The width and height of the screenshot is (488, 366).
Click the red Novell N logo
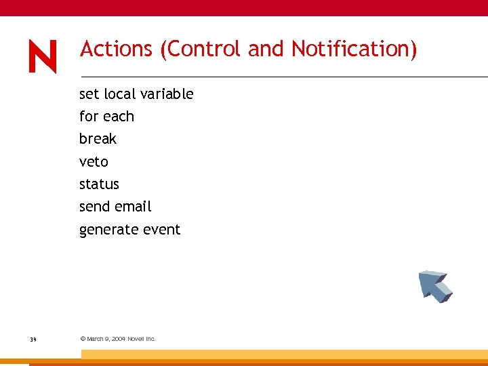[x=43, y=56]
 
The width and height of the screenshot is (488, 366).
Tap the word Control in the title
[x=203, y=49]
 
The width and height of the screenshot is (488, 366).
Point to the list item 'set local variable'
[x=136, y=94]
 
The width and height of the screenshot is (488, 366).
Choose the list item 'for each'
[x=106, y=117]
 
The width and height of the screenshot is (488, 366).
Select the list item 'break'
[x=98, y=139]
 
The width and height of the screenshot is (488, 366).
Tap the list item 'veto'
[x=94, y=162]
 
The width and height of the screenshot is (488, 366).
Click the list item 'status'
[x=99, y=184]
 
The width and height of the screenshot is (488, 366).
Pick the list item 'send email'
[x=115, y=207]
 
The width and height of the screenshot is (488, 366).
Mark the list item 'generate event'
[x=129, y=230]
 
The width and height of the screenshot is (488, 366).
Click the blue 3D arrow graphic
[x=434, y=285]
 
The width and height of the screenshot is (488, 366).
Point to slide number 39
[x=33, y=339]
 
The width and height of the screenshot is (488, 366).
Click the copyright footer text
[x=118, y=339]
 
